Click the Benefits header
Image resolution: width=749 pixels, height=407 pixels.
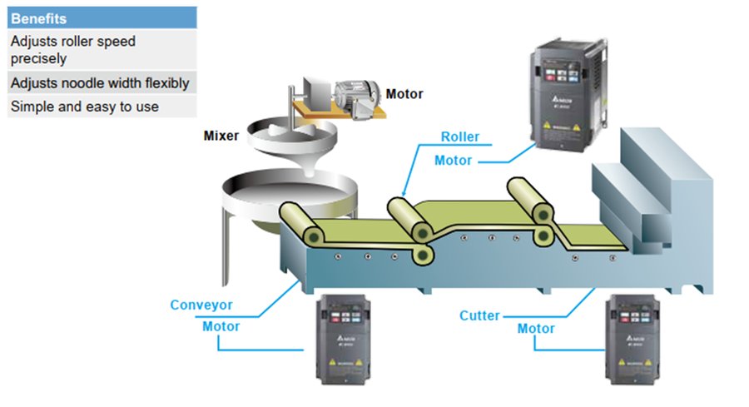(39, 17)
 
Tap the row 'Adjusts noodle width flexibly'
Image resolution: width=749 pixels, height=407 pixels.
(100, 83)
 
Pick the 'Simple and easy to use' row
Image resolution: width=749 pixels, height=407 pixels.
(84, 107)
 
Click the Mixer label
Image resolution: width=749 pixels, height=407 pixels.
(221, 134)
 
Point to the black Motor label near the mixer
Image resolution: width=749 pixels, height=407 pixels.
(404, 94)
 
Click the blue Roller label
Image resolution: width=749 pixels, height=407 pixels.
(459, 136)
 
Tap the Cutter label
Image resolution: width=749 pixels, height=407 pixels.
(480, 315)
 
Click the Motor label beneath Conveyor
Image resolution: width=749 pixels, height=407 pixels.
(221, 326)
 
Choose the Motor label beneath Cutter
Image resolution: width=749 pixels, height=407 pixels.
(536, 328)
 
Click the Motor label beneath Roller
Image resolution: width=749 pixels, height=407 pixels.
(453, 160)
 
